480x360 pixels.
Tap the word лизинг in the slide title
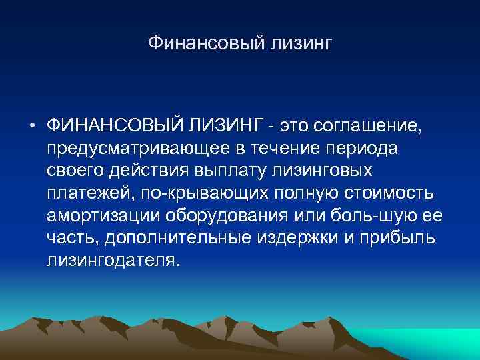pos(299,45)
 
